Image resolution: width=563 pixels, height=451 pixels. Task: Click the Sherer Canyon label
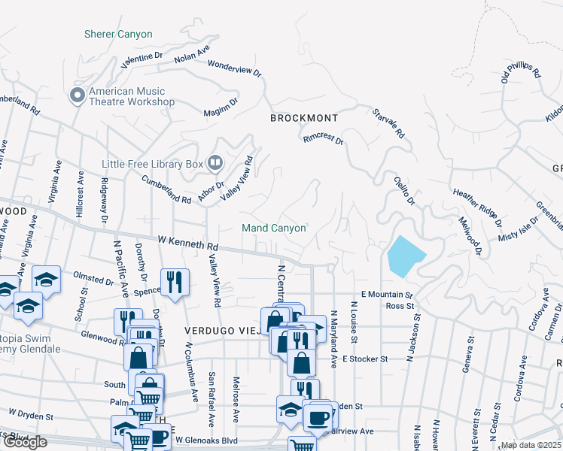pyautogui.click(x=118, y=35)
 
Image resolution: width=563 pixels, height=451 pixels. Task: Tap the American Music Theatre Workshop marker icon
pyautogui.click(x=77, y=95)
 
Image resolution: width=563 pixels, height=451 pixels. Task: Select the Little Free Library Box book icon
pyautogui.click(x=215, y=162)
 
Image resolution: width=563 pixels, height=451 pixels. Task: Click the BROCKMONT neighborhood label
pyautogui.click(x=304, y=119)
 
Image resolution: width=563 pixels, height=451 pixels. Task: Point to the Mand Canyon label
pyautogui.click(x=273, y=228)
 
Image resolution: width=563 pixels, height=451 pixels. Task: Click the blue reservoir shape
pyautogui.click(x=404, y=256)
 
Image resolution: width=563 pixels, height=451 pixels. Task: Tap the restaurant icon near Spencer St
pyautogui.click(x=175, y=282)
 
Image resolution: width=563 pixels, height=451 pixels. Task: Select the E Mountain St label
pyautogui.click(x=388, y=295)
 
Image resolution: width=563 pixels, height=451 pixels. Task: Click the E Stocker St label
pyautogui.click(x=364, y=359)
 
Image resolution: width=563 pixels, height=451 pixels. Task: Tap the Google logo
pyautogui.click(x=25, y=442)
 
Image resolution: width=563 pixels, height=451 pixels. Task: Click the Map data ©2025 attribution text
pyautogui.click(x=531, y=445)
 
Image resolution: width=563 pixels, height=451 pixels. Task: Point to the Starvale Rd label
pyautogui.click(x=388, y=124)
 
